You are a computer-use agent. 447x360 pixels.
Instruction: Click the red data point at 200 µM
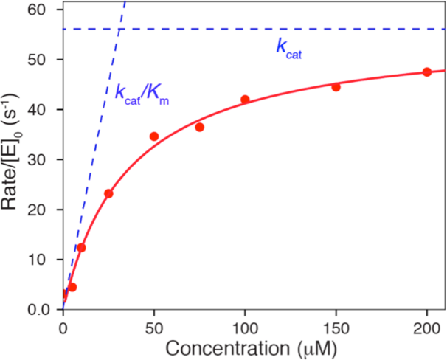(427, 72)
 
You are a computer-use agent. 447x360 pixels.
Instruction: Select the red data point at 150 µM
(336, 86)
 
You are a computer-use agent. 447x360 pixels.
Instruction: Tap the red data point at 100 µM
(245, 100)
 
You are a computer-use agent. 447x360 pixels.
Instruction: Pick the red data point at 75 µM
(199, 127)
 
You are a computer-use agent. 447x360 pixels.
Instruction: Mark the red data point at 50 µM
(154, 136)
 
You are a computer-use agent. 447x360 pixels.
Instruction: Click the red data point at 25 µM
(108, 193)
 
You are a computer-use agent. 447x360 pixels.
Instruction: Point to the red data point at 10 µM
(81, 248)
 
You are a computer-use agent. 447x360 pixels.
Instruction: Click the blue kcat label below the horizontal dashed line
(290, 49)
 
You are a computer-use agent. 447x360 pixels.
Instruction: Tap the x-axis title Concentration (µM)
(247, 346)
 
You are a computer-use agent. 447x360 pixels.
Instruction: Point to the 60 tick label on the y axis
(45, 10)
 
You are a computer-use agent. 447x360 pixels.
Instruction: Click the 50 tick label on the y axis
(45, 60)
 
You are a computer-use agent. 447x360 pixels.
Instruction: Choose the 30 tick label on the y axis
(45, 159)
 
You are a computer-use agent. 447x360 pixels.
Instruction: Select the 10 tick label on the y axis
(45, 259)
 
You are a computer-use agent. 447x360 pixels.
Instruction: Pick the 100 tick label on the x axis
(245, 325)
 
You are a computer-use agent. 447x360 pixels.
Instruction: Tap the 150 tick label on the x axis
(336, 325)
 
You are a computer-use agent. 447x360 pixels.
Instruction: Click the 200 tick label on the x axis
(427, 325)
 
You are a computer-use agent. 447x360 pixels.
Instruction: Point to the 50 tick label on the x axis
(154, 325)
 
